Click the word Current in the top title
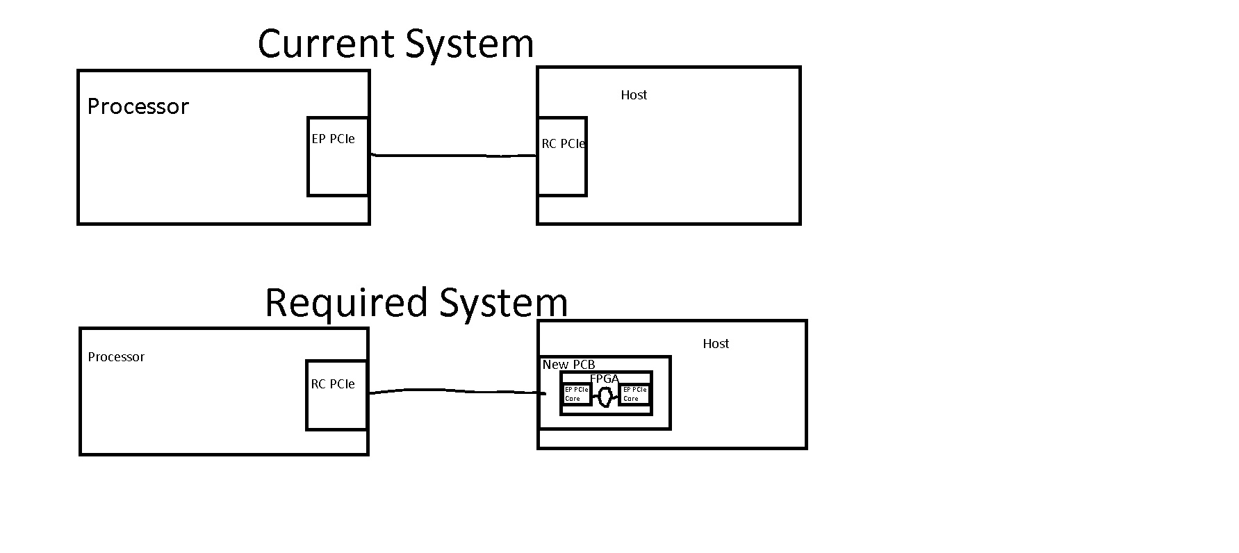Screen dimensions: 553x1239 (x=327, y=44)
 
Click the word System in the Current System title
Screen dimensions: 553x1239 (x=469, y=44)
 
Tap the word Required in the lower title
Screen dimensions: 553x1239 (x=345, y=304)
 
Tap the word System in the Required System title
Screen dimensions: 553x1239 (x=503, y=304)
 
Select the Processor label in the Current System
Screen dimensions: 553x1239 (x=138, y=107)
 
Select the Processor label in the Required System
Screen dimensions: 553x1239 (x=116, y=357)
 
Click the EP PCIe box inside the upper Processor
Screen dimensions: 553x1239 (x=338, y=156)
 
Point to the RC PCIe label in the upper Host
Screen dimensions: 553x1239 (x=563, y=145)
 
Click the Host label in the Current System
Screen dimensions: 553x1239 (x=634, y=95)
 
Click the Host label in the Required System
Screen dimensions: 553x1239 (x=716, y=344)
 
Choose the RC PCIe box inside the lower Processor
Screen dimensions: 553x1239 (x=336, y=395)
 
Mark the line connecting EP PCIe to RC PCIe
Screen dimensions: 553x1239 (x=453, y=156)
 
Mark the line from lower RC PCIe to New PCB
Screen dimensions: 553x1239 (x=455, y=391)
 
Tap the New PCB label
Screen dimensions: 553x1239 (x=568, y=365)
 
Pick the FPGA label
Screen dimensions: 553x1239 (x=604, y=379)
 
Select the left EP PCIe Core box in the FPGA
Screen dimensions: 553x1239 (x=576, y=394)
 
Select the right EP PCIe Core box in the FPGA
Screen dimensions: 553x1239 (x=634, y=394)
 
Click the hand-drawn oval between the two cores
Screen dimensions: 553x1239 (x=605, y=397)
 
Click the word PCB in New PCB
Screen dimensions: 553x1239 (x=583, y=365)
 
